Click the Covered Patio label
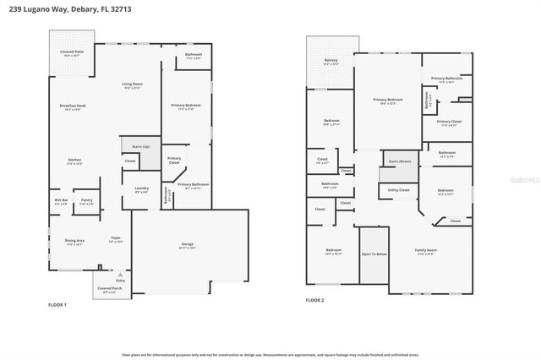(x=73, y=52)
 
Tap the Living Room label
(x=132, y=85)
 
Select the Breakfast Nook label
(x=70, y=107)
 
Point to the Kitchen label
(x=74, y=161)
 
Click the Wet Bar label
(x=62, y=201)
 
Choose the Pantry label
(x=86, y=201)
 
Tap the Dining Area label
(x=74, y=242)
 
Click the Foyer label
(x=116, y=240)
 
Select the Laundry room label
(x=141, y=189)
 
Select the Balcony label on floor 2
(x=332, y=61)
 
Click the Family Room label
(x=425, y=251)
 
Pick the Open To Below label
(x=374, y=254)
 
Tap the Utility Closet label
(x=398, y=190)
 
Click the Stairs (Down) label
(x=399, y=161)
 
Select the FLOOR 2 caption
(x=314, y=300)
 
